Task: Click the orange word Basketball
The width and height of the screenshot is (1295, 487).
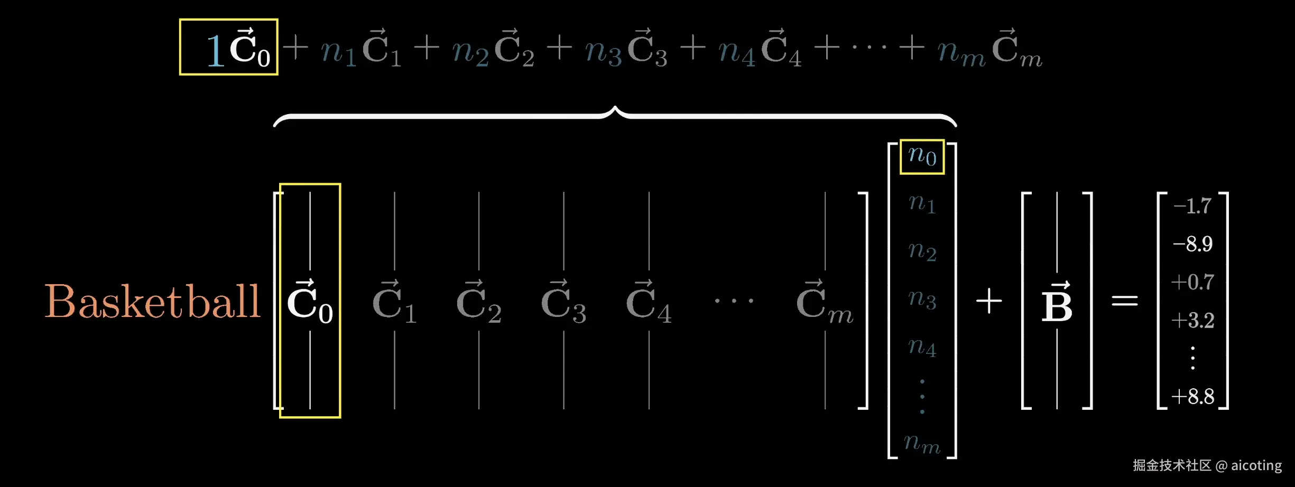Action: [152, 302]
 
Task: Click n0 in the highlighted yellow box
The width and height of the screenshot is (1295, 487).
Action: [922, 156]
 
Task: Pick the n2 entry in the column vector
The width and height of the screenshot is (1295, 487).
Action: [922, 250]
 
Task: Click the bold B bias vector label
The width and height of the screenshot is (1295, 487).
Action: [1057, 303]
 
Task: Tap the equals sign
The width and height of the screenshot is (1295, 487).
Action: [1124, 301]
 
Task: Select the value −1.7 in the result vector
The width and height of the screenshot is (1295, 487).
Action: [1192, 206]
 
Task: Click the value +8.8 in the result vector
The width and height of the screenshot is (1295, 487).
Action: [1192, 396]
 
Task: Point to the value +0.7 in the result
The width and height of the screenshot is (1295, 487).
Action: [1192, 282]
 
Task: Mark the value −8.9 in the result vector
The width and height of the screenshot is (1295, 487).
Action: [1192, 244]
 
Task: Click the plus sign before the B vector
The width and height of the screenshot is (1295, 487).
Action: [988, 302]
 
